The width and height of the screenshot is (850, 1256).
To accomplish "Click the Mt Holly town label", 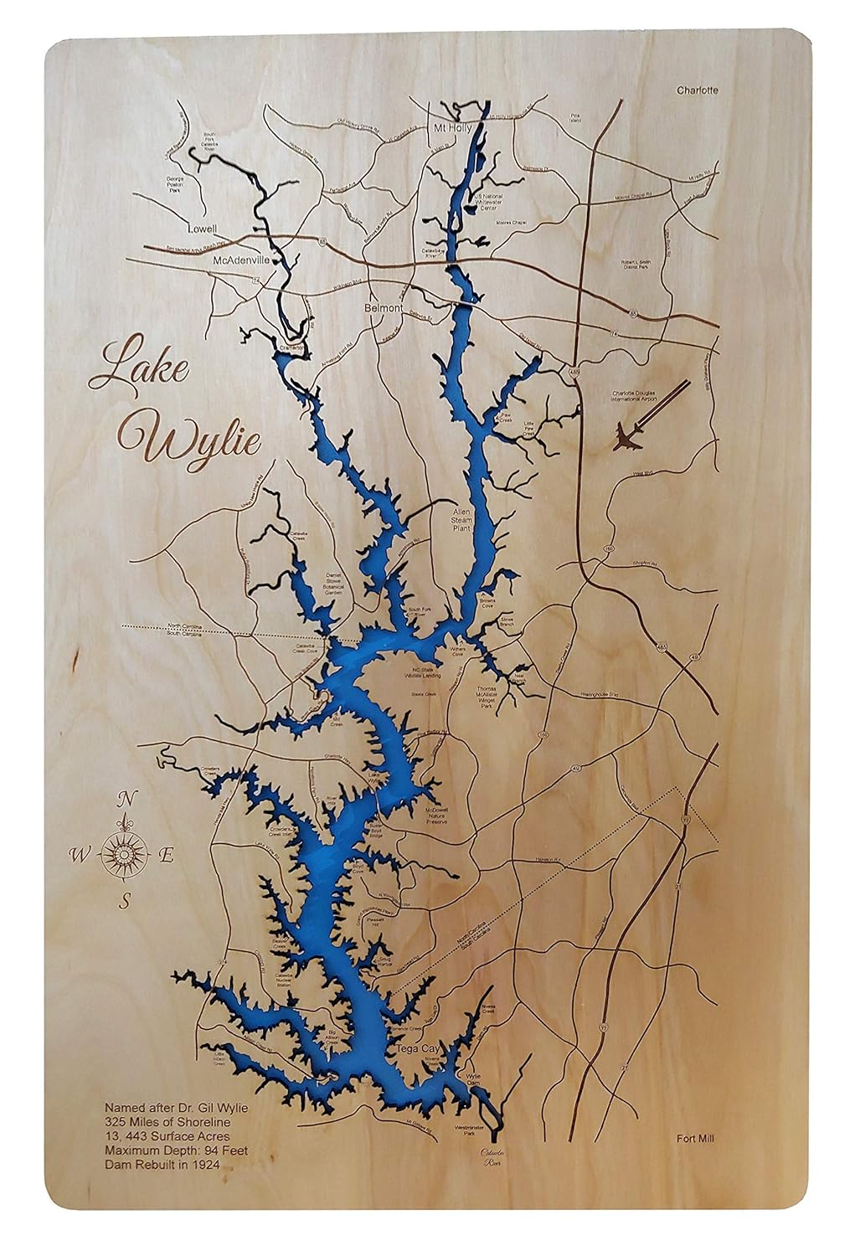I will (x=452, y=128).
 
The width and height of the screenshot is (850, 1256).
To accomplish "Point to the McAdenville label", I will (x=242, y=260).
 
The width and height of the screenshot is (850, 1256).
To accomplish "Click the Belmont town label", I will (x=385, y=308).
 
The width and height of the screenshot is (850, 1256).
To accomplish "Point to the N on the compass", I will (x=126, y=798).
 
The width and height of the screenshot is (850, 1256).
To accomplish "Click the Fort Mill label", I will (x=698, y=1138).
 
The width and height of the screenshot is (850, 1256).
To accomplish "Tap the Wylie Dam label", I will (x=474, y=1080).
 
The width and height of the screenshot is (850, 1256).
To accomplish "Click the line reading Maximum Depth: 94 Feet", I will (x=175, y=1150).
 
